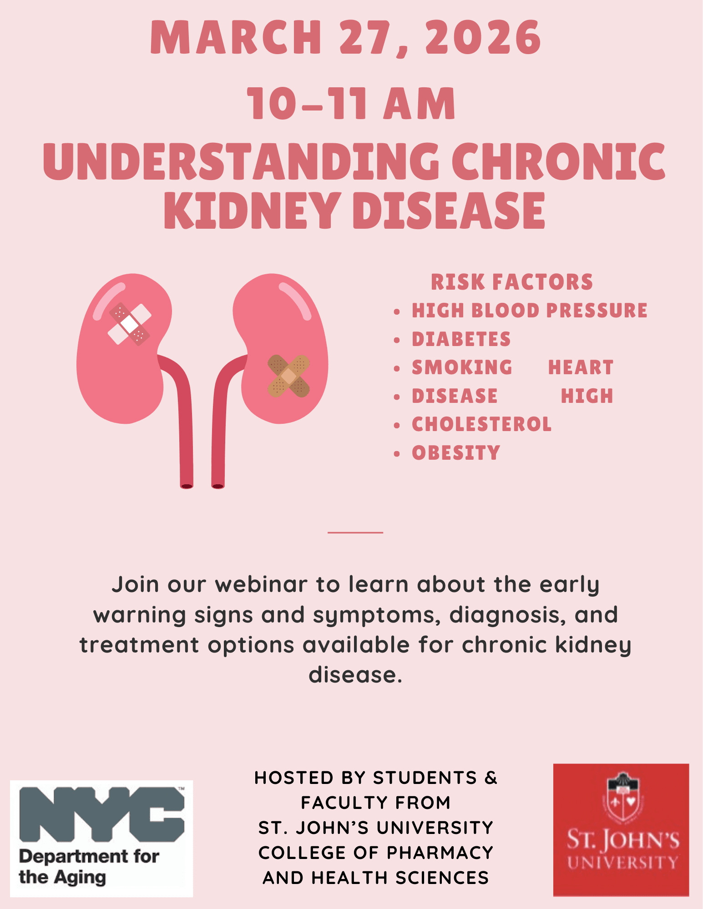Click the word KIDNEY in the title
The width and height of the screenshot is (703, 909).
point(253,210)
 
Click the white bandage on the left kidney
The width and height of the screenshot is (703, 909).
point(130,324)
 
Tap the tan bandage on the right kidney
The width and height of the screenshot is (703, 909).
point(288,376)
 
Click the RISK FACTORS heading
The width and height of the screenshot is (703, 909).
point(512,282)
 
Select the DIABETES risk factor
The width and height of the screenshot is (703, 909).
point(461,339)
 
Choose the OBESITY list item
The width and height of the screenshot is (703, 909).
point(456,453)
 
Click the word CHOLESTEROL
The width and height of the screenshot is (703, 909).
point(481,424)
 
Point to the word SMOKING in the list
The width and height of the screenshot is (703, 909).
point(462,367)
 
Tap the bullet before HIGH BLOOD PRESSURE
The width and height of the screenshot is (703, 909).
point(397,311)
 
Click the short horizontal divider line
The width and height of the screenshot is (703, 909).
point(355,532)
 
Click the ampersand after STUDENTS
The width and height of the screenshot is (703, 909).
point(491,778)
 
